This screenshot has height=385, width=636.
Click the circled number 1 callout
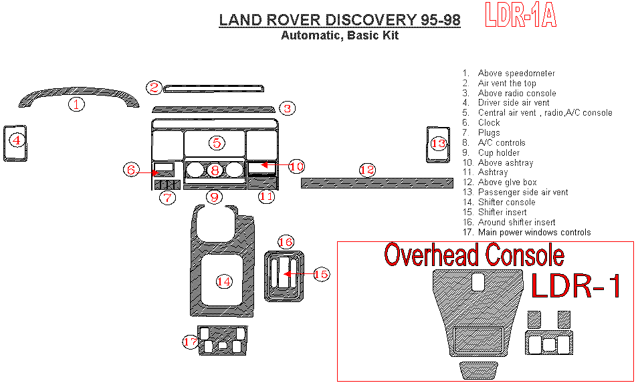[76, 104]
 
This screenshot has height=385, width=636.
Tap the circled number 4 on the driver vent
[17, 140]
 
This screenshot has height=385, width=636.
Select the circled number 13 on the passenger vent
[438, 144]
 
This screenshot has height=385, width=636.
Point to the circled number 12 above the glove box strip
[367, 170]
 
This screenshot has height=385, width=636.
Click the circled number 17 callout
[190, 342]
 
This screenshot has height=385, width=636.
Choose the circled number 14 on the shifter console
[224, 281]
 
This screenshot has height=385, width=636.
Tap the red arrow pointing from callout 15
[298, 274]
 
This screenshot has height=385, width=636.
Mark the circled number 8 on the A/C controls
[215, 170]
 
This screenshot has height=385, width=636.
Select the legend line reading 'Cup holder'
[491, 153]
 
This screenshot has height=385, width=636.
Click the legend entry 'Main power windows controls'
[526, 232]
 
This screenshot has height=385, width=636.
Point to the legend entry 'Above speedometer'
[509, 74]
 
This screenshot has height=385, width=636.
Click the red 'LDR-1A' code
[520, 15]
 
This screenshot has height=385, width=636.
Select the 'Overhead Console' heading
[474, 255]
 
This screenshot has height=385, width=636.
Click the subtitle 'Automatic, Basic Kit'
[340, 35]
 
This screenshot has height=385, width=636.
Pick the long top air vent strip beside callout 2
[213, 89]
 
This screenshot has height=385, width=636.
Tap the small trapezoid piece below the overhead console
[479, 370]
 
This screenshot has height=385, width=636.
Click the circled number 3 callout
[287, 108]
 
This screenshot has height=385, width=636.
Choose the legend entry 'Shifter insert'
[494, 213]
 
